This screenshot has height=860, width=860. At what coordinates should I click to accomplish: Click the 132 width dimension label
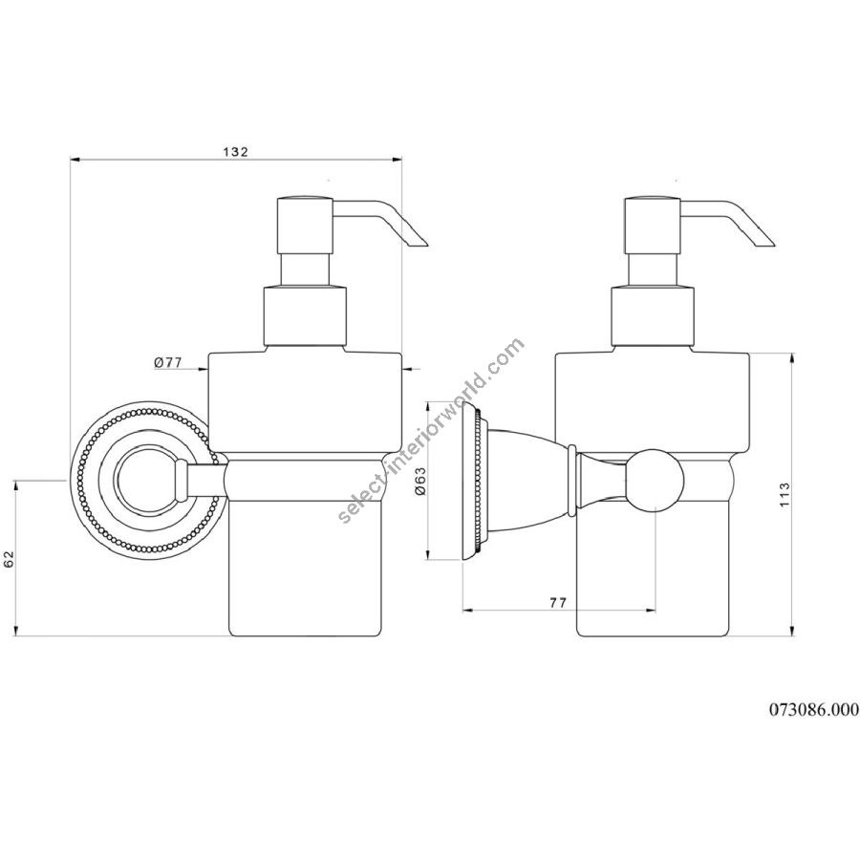(x=236, y=152)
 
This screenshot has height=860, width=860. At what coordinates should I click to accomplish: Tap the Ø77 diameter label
(x=168, y=362)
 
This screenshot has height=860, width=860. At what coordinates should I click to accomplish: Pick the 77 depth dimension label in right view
(x=558, y=602)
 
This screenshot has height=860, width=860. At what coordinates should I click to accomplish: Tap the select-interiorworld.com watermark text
(x=431, y=431)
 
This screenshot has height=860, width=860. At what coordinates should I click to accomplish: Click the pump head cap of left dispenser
(x=305, y=225)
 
